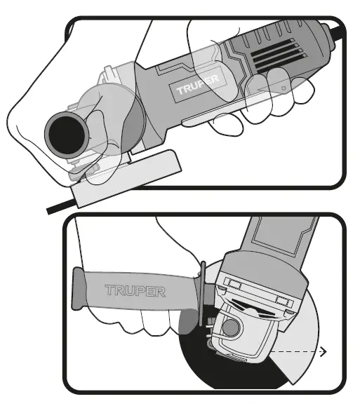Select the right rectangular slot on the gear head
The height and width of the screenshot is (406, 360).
click(283, 299)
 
